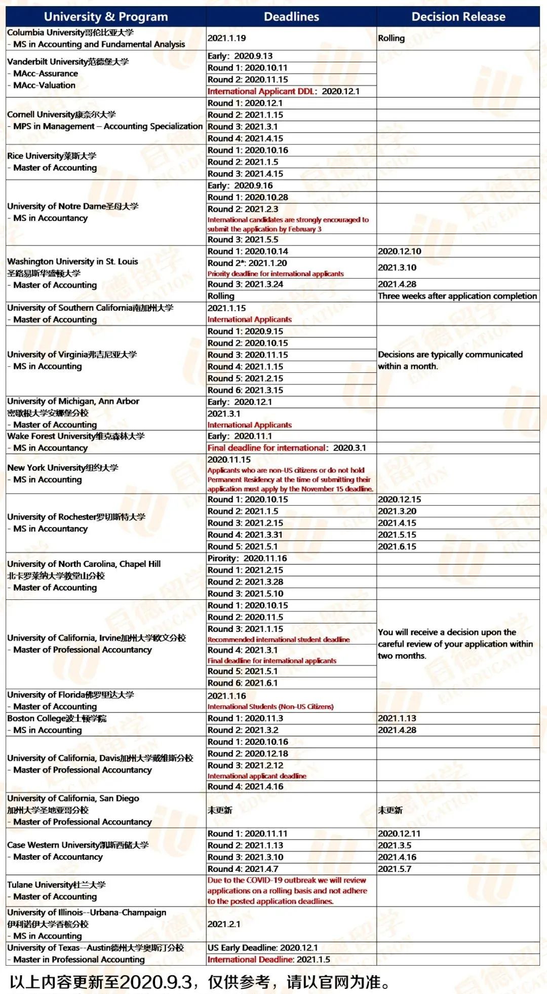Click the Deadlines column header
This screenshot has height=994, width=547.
[x=291, y=17]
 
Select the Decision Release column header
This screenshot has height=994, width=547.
[x=458, y=17]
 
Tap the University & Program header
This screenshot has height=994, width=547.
[x=106, y=17]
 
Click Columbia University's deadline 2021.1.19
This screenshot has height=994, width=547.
[x=227, y=38]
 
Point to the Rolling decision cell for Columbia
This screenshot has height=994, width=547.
[x=392, y=38]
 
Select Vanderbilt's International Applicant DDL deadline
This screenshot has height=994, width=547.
[x=284, y=91]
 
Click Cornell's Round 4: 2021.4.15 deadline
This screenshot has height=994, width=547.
[x=245, y=138]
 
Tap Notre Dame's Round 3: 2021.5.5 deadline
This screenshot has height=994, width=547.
[x=243, y=240]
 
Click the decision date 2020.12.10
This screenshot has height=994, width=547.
[x=400, y=251]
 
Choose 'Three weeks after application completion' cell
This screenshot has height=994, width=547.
[x=457, y=296]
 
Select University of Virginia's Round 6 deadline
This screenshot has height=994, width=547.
[x=245, y=390]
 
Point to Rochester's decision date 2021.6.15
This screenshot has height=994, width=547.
[x=397, y=547]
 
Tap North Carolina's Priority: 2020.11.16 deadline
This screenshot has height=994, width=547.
[x=247, y=558]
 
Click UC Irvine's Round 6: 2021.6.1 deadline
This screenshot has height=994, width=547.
[x=243, y=683]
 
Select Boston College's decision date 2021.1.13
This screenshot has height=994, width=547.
[x=397, y=718]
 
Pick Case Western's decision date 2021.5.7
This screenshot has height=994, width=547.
[x=395, y=869]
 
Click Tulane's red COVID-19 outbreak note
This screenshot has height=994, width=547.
[x=287, y=891]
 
